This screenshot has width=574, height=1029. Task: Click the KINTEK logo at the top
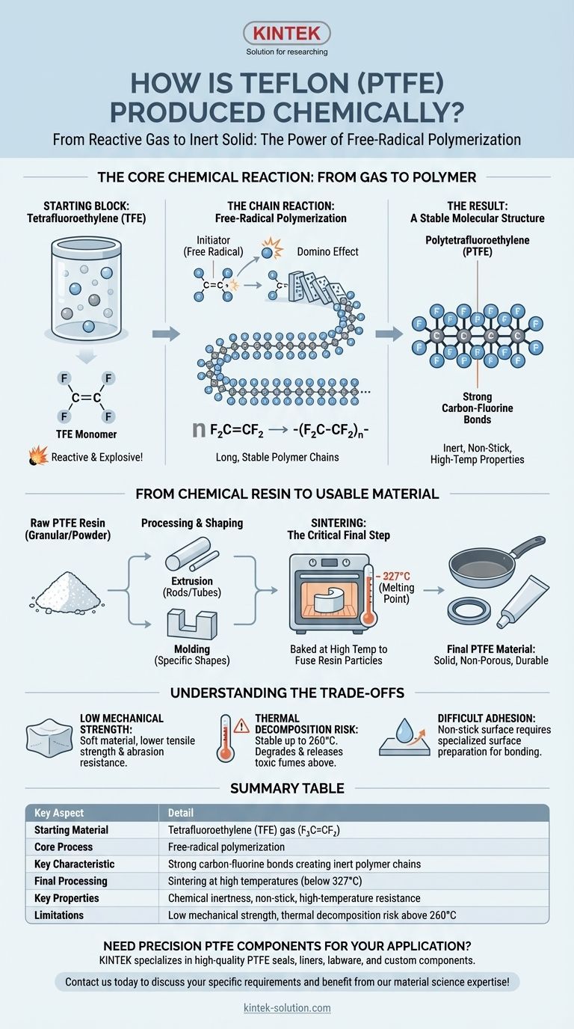[287, 34]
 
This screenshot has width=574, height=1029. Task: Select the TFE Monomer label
[87, 434]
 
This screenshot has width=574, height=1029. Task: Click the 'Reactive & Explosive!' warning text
[96, 455]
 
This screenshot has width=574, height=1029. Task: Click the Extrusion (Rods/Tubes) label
[192, 586]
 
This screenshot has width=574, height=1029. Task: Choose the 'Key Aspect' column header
[59, 813]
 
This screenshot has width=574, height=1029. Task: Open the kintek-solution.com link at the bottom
[287, 1008]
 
